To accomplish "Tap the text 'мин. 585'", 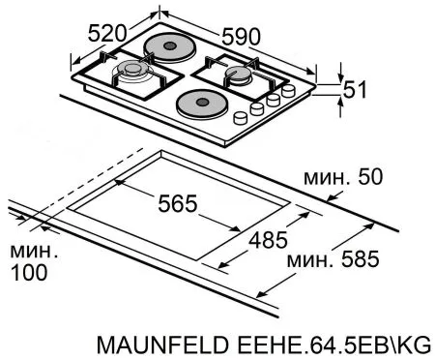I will pyautogui.click(x=332, y=259).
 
